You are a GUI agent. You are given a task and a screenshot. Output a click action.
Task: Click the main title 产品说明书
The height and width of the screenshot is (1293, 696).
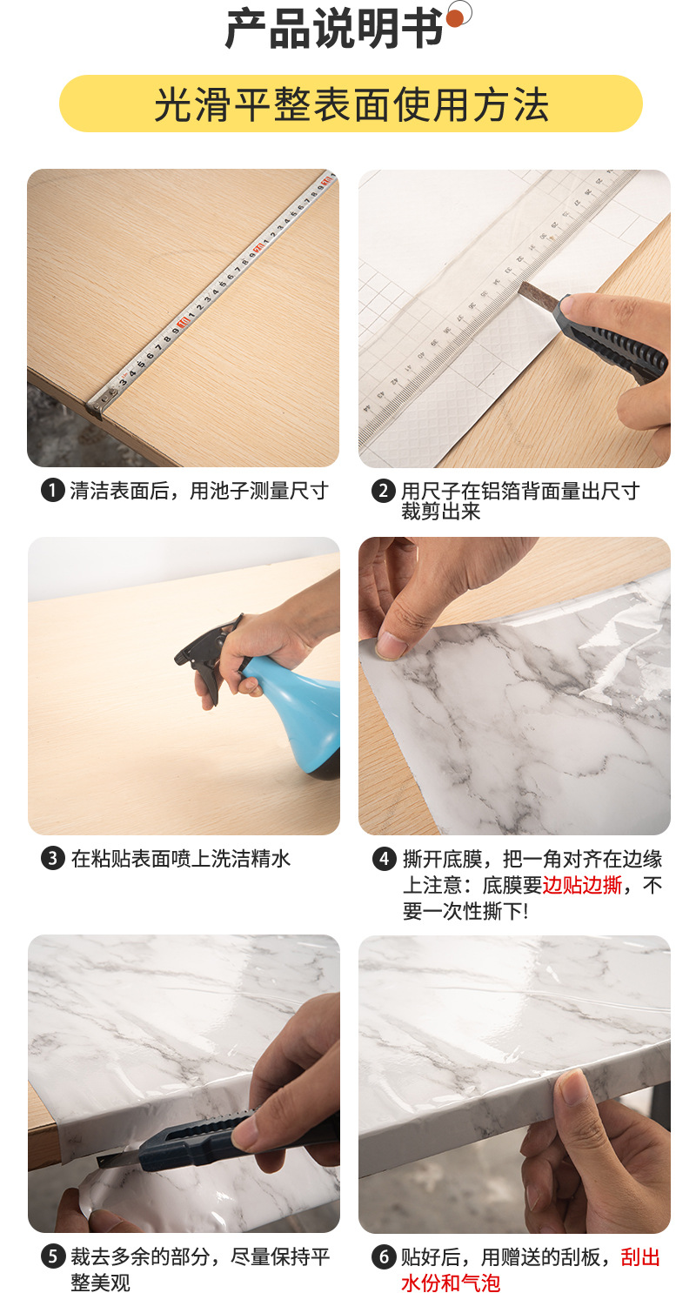334,30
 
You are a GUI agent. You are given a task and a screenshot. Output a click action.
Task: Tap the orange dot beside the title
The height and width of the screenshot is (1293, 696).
455,17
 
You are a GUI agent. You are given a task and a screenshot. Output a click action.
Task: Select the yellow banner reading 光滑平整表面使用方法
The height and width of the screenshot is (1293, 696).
351,104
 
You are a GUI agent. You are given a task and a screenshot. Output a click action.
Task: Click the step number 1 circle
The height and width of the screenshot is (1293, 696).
52,491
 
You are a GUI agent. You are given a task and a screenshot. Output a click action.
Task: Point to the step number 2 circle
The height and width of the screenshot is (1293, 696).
384,491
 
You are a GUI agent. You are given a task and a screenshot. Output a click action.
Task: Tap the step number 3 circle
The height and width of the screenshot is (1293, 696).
52,859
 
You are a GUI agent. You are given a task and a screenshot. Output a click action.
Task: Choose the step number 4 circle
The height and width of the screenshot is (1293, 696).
384,859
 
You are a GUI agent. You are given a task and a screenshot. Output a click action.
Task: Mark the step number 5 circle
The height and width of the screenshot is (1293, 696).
52,1256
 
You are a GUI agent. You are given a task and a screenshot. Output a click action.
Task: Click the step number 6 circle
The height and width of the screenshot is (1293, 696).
384,1256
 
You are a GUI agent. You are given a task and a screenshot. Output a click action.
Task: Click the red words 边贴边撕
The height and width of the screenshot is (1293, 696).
582,886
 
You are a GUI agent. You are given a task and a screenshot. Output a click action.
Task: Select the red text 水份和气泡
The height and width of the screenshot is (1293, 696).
450,1283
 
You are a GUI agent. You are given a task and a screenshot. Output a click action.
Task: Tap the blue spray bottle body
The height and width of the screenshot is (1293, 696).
296,713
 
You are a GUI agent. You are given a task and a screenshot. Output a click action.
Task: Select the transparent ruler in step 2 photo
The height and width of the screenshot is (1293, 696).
487,287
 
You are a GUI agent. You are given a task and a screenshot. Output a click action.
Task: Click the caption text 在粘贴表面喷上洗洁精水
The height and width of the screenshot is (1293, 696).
180,859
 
